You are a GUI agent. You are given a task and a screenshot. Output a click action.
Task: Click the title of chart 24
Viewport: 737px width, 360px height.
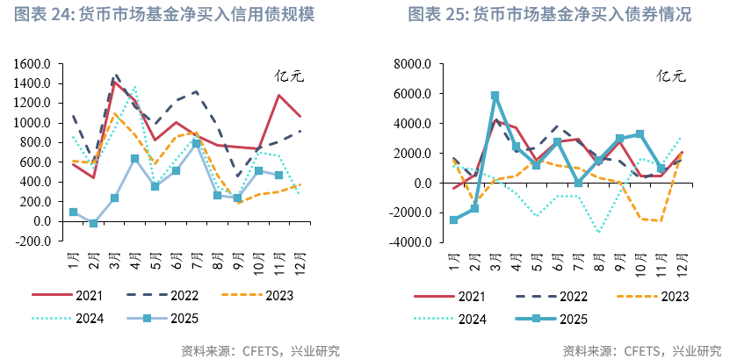[x=165, y=16]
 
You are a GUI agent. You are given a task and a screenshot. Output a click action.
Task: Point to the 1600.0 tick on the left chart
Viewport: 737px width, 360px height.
[x=32, y=64]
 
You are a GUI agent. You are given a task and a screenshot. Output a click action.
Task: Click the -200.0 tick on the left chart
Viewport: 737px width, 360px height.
[x=33, y=241]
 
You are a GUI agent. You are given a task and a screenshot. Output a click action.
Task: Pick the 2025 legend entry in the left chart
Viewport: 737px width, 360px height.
[x=166, y=318]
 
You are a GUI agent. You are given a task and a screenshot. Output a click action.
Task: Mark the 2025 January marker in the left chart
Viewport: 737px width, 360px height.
[x=74, y=212]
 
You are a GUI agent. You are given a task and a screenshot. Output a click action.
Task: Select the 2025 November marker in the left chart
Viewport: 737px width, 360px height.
[x=279, y=176]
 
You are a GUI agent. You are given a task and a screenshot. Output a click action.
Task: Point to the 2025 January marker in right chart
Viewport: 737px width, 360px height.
[x=454, y=220]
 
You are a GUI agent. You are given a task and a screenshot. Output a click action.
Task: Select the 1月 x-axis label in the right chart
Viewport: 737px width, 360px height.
[x=453, y=260]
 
